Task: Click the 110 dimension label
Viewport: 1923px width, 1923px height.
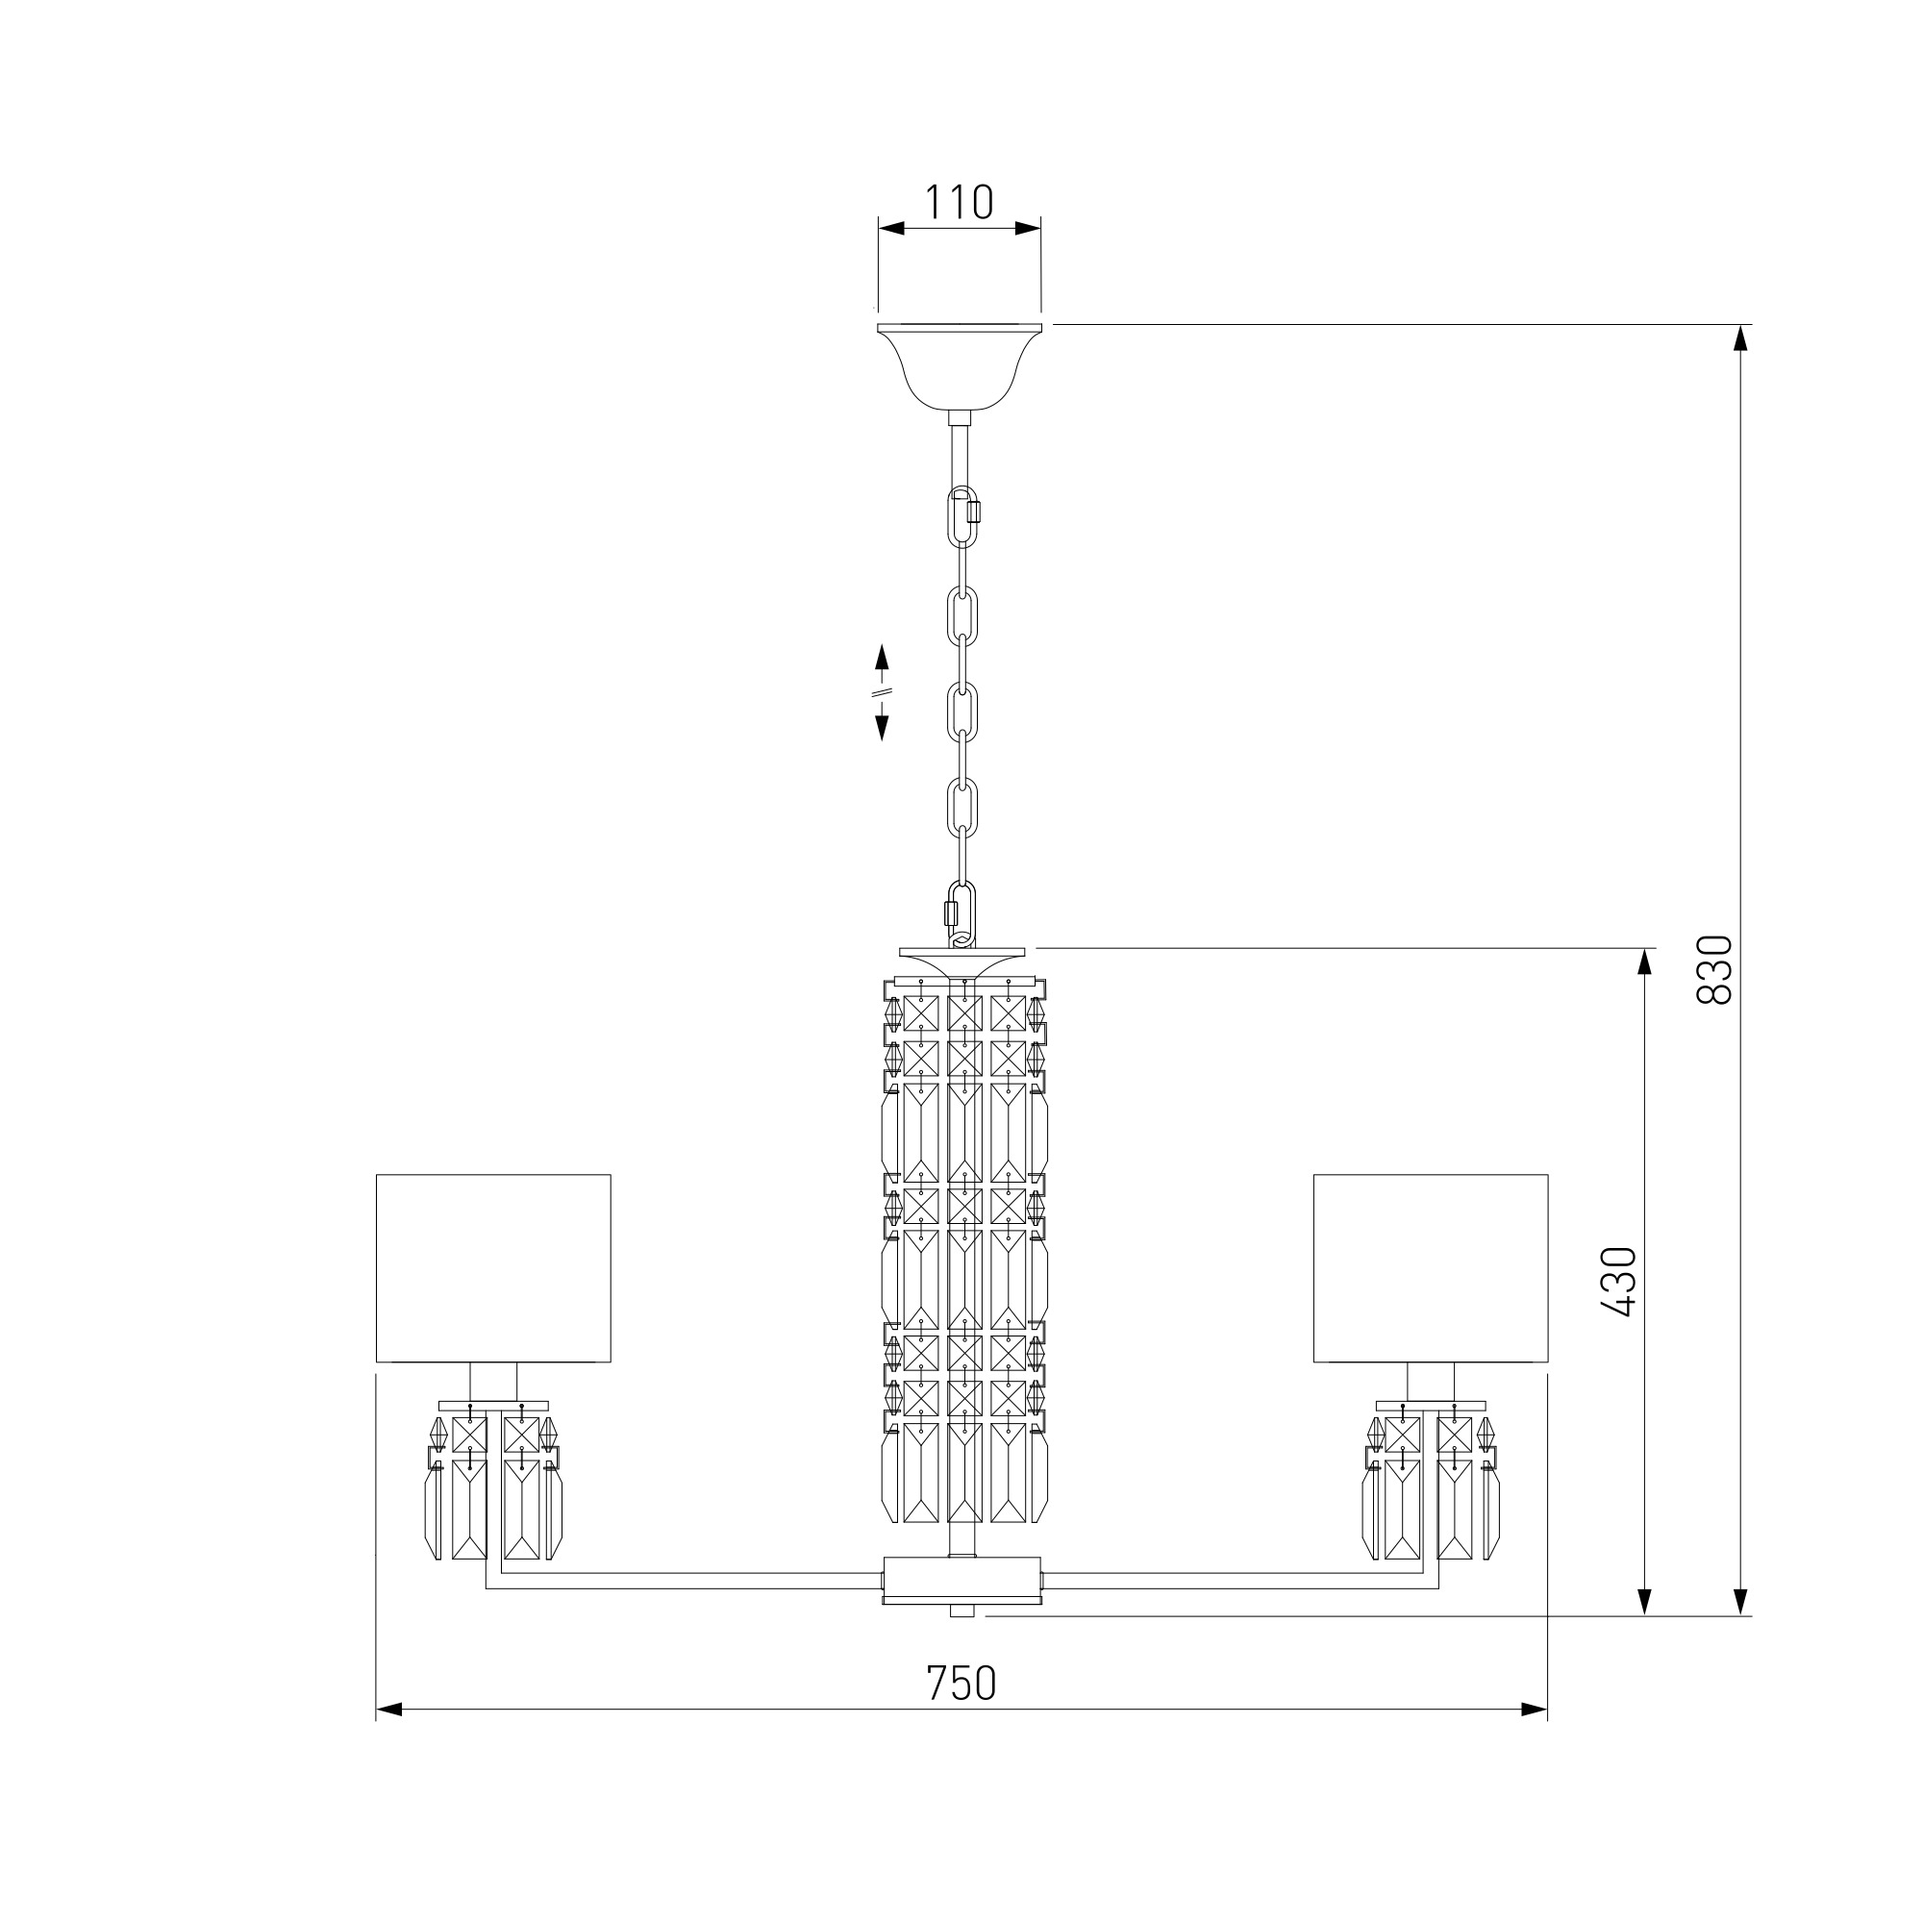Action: pos(960,202)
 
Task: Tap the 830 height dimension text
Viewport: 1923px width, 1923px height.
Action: pos(1716,969)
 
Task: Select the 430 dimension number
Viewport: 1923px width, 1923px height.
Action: pos(1620,1282)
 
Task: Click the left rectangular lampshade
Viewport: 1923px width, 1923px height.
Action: pos(492,1267)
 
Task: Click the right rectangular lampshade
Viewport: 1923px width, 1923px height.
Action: pos(1431,1267)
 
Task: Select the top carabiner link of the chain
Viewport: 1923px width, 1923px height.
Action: pos(963,515)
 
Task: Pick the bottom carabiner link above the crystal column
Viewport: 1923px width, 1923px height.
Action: pos(960,912)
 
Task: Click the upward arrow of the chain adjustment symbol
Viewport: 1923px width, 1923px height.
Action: pos(881,658)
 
